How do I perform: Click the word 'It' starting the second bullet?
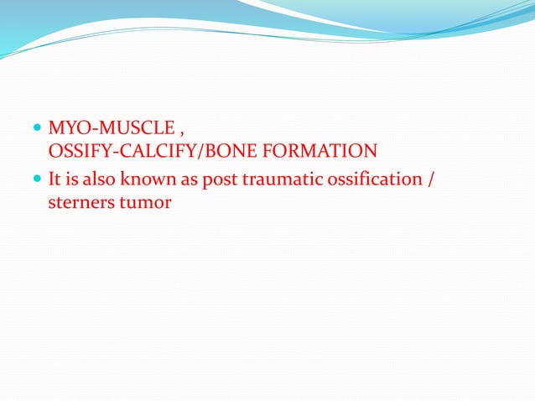pyautogui.click(x=55, y=180)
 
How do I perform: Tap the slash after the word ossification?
pyautogui.click(x=430, y=180)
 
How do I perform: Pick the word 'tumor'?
pyautogui.click(x=143, y=202)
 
